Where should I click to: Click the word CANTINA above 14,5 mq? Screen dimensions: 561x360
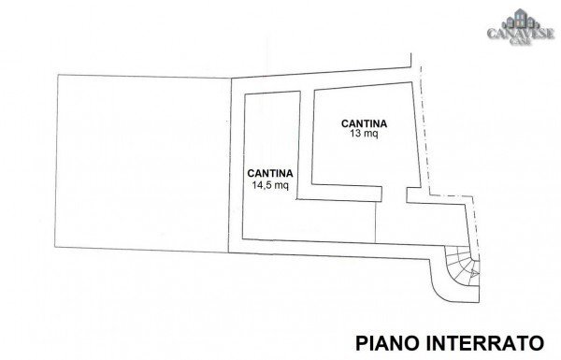tap(272, 173)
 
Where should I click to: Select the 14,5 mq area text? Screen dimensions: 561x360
tap(271, 185)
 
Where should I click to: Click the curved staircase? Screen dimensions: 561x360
tap(459, 272)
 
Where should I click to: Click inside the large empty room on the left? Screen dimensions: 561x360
tap(140, 164)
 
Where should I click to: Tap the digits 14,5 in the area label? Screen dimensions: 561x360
tap(263, 185)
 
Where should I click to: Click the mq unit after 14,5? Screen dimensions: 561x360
tap(283, 185)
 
